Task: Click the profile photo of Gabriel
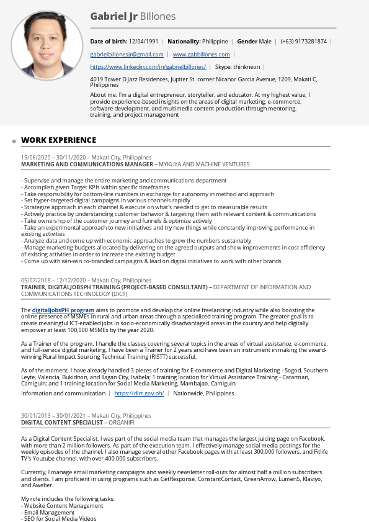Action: pyautogui.click(x=47, y=46)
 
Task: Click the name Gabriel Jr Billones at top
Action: pyautogui.click(x=133, y=17)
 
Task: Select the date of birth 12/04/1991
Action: pyautogui.click(x=143, y=42)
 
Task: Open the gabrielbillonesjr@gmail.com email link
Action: pyautogui.click(x=127, y=55)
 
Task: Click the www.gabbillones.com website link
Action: pyautogui.click(x=201, y=55)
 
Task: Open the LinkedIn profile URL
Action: pyautogui.click(x=148, y=66)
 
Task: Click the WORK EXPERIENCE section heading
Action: pyautogui.click(x=59, y=140)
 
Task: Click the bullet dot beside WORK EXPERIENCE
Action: pyautogui.click(x=14, y=142)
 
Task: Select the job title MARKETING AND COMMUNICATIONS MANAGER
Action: pyautogui.click(x=87, y=164)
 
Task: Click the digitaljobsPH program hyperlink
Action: pyautogui.click(x=63, y=310)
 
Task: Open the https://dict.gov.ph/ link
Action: pyautogui.click(x=139, y=394)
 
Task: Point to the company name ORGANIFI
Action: pyautogui.click(x=121, y=422)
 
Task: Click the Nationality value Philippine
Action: pyautogui.click(x=215, y=42)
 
